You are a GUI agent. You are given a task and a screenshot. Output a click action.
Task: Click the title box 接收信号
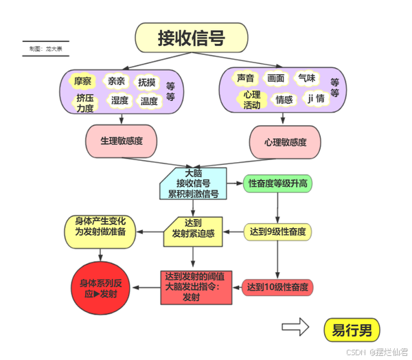pos(191,38)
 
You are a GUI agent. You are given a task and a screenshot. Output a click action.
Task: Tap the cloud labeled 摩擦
pos(82,81)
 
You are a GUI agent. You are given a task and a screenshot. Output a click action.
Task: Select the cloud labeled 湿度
pos(120,100)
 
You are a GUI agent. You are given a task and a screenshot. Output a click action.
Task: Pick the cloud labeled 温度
pos(148,100)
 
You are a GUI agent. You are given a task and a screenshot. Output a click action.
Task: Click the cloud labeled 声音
pos(245,78)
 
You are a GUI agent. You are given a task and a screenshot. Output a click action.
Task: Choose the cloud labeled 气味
pos(307,78)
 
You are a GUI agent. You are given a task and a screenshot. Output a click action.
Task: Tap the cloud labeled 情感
pos(284,100)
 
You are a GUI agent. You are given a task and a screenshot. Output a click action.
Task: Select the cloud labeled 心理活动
pos(251,100)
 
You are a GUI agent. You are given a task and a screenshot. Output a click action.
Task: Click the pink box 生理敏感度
pos(121,140)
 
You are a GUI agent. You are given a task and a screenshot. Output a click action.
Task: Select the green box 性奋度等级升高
pos(277,183)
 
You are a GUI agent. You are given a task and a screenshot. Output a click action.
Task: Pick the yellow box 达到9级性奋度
pos(277,232)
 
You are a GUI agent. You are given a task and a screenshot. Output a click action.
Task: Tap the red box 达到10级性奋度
pos(277,286)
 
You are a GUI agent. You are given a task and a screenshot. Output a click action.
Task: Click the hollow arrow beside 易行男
pos(295,329)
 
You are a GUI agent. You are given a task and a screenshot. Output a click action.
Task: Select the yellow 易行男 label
pos(351,330)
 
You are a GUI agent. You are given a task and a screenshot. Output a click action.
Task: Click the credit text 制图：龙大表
pos(45,49)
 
